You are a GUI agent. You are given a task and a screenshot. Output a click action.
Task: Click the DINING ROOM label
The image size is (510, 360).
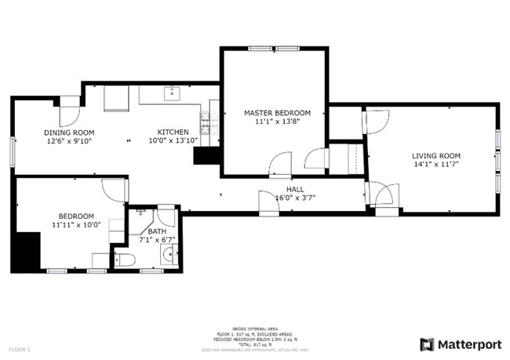pyautogui.click(x=69, y=133)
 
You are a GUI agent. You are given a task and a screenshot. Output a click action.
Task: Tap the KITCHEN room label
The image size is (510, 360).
pyautogui.click(x=173, y=132)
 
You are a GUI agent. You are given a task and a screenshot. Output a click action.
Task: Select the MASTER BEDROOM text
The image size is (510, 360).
pyautogui.click(x=277, y=113)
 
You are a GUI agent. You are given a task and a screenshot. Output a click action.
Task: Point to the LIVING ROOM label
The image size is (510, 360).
pyautogui.click(x=436, y=155)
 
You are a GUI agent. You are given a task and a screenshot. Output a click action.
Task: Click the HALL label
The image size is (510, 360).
pyautogui.click(x=295, y=189)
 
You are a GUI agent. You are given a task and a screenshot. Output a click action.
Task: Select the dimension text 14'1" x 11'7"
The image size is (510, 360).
pyautogui.click(x=436, y=165)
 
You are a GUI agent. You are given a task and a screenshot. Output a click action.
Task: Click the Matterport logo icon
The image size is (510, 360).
pyautogui.click(x=427, y=344)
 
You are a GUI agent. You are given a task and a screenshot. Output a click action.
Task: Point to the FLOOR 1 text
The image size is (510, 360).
pyautogui.click(x=19, y=347)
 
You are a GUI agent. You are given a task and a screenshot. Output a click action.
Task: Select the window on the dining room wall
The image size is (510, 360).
pyautogui.click(x=12, y=151)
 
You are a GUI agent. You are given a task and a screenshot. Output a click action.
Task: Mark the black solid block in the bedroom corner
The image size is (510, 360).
pyautogui.click(x=25, y=252)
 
